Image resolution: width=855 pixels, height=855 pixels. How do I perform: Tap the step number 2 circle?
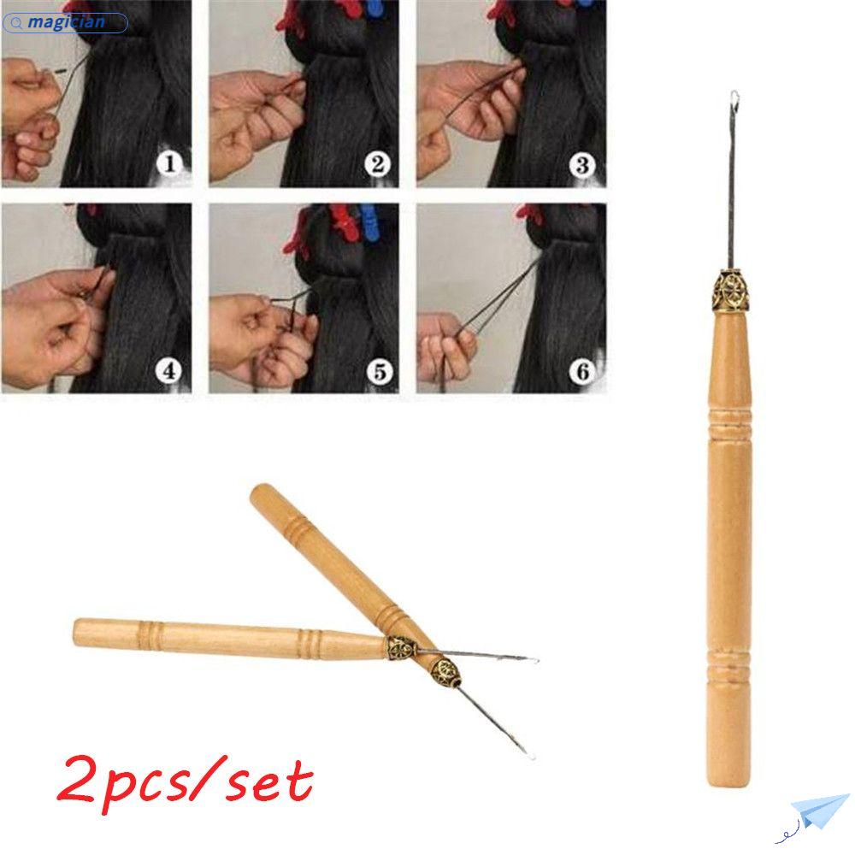377,162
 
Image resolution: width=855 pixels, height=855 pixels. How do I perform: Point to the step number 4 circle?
168,371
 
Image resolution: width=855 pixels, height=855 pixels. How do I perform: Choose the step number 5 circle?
377,371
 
